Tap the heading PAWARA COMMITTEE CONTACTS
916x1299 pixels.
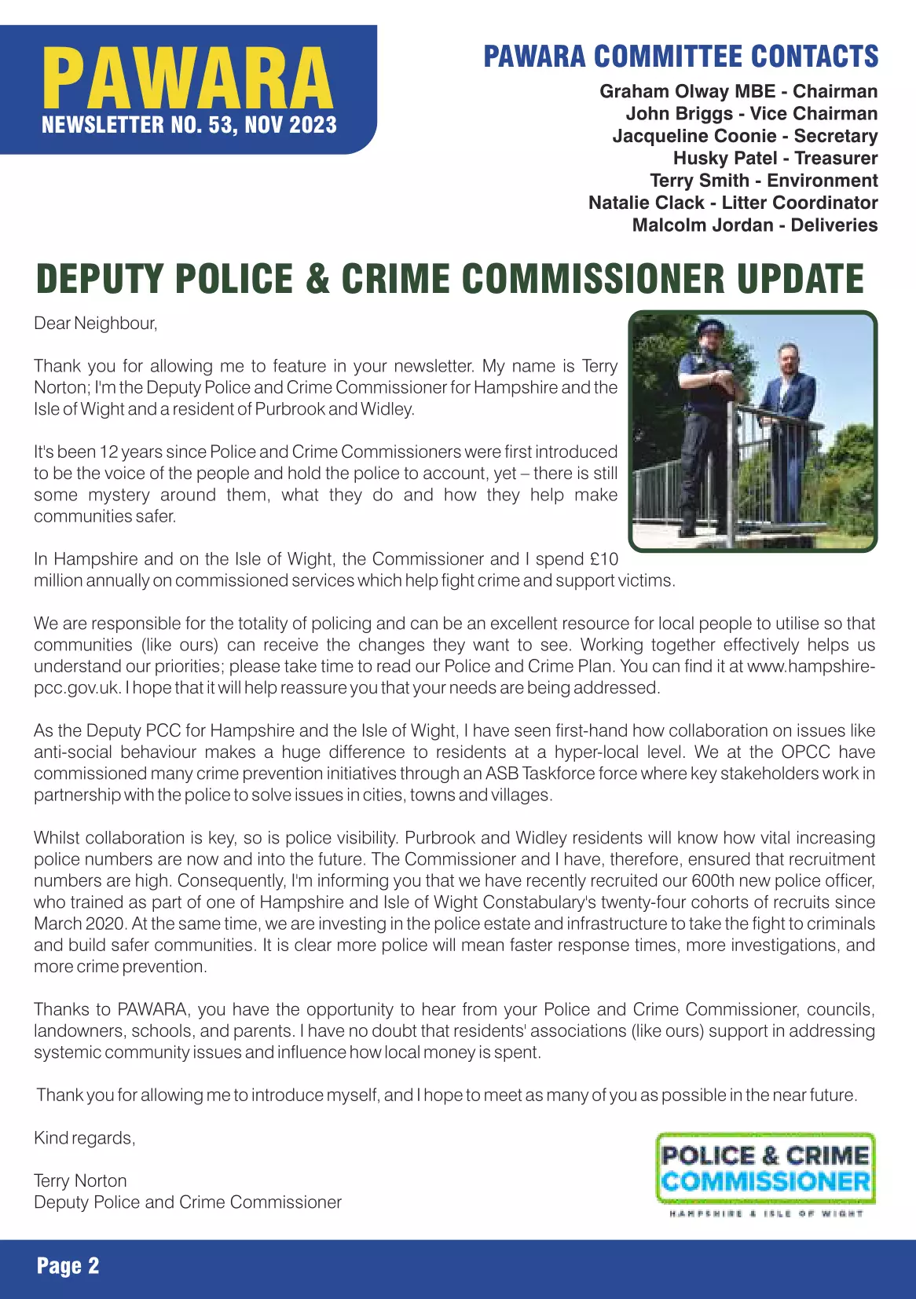(680, 57)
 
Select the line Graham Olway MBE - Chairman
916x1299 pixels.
(738, 91)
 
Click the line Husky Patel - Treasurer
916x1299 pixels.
(775, 158)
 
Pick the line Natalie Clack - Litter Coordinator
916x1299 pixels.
(732, 203)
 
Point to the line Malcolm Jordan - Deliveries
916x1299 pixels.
(754, 225)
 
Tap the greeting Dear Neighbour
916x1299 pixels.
(95, 324)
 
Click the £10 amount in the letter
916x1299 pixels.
(603, 559)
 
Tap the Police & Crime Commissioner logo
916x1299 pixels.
(765, 1168)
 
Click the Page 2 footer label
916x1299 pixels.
(68, 1265)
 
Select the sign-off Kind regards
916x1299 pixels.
(84, 1138)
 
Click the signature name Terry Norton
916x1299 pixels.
(80, 1180)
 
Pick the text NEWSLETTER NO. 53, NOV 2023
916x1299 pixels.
(189, 125)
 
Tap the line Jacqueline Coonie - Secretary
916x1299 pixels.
(744, 136)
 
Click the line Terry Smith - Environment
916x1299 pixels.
(763, 181)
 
